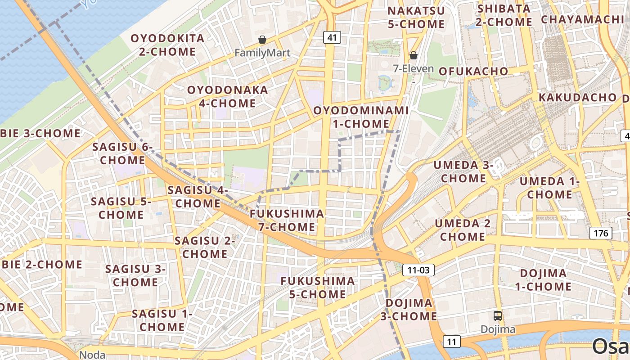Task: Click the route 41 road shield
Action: click(x=332, y=38)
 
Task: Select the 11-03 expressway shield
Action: click(x=418, y=270)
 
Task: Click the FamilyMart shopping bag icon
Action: click(x=262, y=40)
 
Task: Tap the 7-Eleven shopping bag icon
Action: click(x=413, y=55)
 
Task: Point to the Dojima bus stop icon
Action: click(x=498, y=316)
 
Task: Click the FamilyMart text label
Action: click(x=262, y=53)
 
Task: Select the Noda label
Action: click(x=92, y=355)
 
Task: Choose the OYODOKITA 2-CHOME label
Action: click(x=167, y=45)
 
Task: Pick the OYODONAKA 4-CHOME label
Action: click(x=227, y=96)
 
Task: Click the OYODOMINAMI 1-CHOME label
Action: click(x=361, y=117)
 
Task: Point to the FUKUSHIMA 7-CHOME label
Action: click(x=287, y=220)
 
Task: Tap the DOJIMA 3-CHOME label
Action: click(x=409, y=310)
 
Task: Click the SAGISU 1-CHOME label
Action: click(x=162, y=320)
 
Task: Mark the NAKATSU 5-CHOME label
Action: click(x=416, y=18)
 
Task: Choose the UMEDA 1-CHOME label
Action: click(x=549, y=188)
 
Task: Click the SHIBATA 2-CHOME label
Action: click(x=504, y=15)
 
